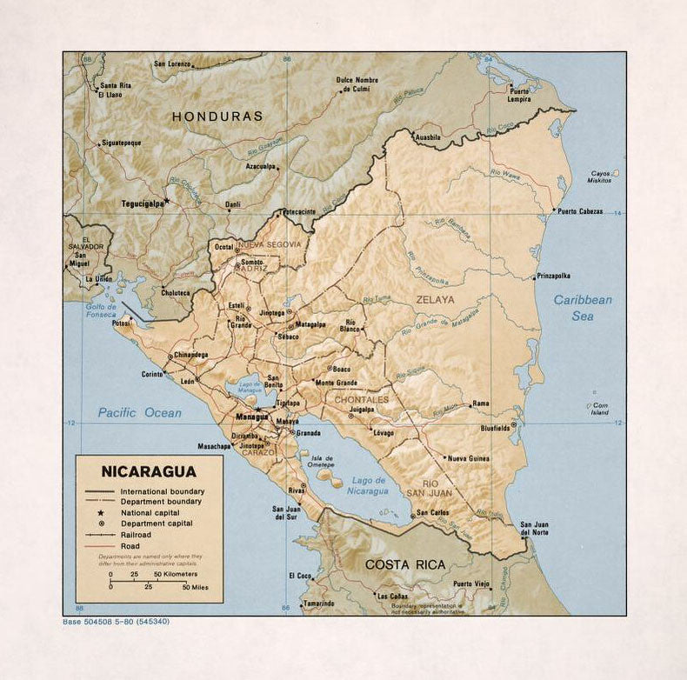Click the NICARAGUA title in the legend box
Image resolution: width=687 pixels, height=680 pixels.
[148, 472]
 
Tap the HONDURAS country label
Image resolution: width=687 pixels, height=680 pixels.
[217, 116]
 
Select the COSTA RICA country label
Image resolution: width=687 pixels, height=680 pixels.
[405, 564]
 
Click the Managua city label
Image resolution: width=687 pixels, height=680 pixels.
[252, 417]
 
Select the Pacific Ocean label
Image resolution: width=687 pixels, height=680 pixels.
[139, 412]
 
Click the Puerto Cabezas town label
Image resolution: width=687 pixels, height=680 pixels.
[580, 210]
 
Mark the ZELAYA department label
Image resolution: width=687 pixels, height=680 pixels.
[435, 300]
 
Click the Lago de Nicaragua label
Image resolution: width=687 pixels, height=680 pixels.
[370, 485]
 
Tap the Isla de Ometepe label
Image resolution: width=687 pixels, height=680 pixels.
[323, 463]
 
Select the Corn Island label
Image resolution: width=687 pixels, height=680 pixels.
[600, 409]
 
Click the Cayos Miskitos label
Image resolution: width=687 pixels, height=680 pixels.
[600, 177]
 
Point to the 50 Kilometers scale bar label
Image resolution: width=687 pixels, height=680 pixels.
[177, 575]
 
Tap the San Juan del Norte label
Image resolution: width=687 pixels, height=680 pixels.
[534, 528]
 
